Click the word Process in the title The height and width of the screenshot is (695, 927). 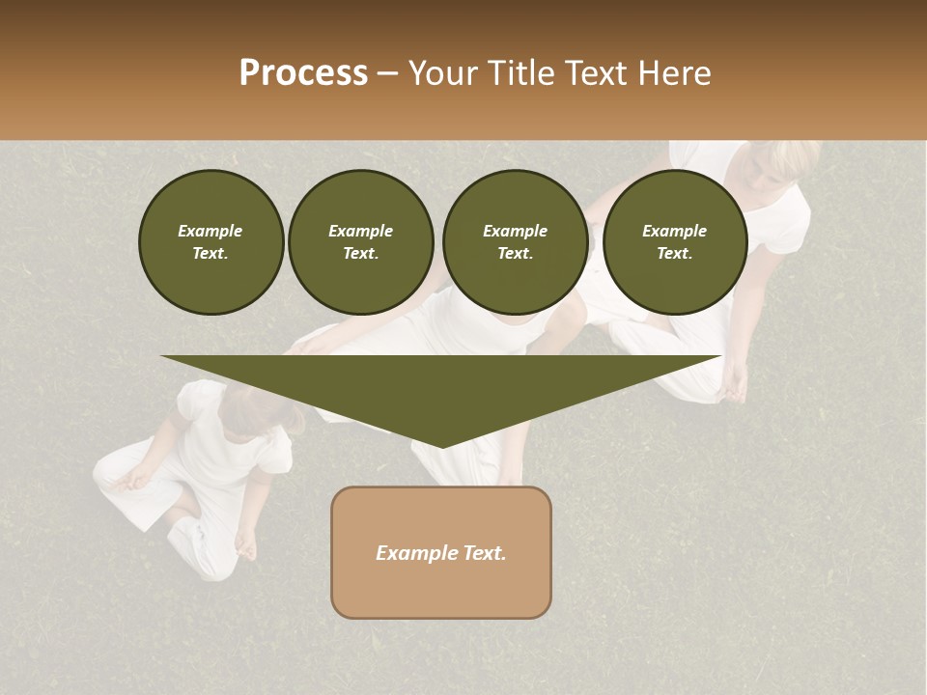tap(303, 72)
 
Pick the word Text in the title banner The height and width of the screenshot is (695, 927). tap(594, 72)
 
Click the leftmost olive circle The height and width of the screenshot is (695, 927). tap(211, 242)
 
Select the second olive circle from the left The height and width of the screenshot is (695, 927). tap(360, 242)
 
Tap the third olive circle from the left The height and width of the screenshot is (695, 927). tap(515, 242)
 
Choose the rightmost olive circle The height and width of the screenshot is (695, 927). tap(674, 242)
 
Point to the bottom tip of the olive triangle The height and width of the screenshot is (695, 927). tap(442, 445)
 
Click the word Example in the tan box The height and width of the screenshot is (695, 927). tap(413, 553)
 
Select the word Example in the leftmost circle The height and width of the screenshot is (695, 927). tap(211, 231)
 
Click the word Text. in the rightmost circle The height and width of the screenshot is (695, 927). tap(674, 254)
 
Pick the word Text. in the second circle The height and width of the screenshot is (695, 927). tap(360, 254)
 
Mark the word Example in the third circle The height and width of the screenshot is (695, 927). tap(515, 231)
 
